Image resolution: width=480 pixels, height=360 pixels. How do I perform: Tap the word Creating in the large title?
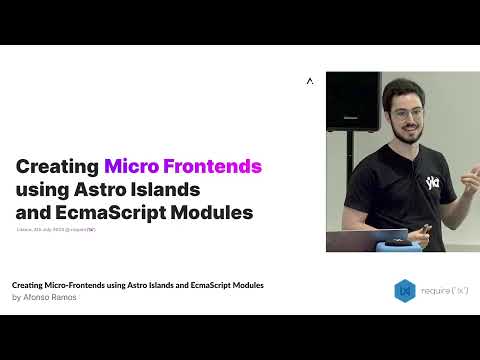57,166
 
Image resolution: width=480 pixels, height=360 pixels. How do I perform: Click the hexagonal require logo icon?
404,290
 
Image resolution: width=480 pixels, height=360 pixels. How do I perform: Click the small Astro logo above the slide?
310,81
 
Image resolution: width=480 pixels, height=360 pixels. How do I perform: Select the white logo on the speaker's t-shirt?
432,182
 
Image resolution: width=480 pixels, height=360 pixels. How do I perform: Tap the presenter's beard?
409,132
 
